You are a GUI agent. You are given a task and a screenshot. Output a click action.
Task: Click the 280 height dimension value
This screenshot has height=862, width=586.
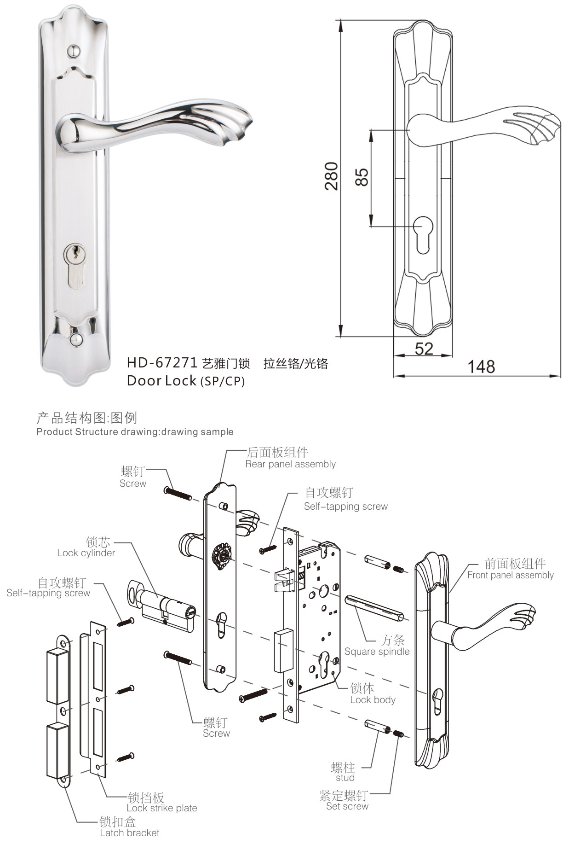coord(332,176)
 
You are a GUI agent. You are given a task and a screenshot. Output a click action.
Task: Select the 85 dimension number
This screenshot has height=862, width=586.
coord(362,177)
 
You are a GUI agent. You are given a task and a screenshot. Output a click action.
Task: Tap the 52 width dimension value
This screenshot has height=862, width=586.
coord(424,349)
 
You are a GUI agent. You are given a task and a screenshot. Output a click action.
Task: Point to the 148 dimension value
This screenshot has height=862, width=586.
coord(481,367)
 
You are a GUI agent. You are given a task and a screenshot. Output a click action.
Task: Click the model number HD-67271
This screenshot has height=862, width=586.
coord(162,363)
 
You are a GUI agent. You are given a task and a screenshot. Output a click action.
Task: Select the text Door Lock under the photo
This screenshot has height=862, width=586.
coord(161,380)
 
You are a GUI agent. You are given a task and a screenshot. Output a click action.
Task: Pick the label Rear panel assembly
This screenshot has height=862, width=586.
coord(290,464)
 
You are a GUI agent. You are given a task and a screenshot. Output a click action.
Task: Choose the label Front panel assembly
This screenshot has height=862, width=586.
coord(510,575)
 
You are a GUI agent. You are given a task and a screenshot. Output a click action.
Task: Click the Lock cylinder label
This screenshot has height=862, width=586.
coord(86,553)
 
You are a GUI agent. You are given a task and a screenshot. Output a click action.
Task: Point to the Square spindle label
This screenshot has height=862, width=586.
coord(377,652)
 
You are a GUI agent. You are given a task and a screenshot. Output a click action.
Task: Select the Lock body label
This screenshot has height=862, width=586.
coord(373,700)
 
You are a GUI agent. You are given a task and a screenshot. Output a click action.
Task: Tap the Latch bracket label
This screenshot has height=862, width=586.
coord(129,833)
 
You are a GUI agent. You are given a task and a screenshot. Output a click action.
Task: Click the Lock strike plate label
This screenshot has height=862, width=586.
coord(161,808)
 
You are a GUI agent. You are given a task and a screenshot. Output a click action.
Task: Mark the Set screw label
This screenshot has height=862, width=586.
coord(347,806)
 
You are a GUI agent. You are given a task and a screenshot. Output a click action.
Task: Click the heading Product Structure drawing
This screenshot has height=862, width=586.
coord(134,432)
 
